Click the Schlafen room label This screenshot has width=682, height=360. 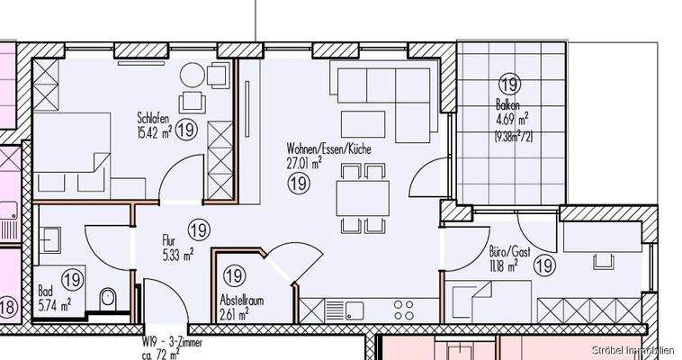coord(153,117)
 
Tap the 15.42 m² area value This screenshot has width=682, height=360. coord(154,131)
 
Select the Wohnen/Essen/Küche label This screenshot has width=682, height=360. coord(328,148)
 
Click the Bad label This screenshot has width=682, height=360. coord(45,291)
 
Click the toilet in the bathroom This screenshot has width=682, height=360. coord(108,298)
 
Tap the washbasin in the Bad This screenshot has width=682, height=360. coord(50,240)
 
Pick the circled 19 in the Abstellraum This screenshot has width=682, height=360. coord(234,276)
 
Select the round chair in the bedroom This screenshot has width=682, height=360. coord(193,75)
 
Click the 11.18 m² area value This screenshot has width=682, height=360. coord(504,266)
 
